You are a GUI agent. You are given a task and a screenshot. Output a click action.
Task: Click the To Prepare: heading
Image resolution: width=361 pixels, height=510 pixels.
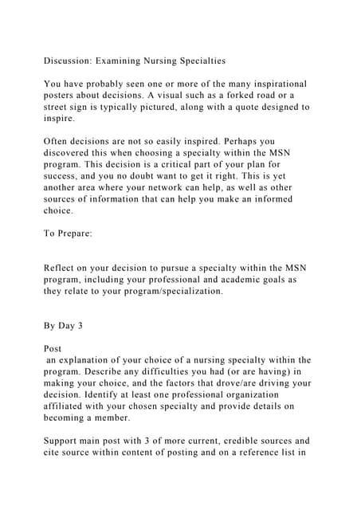pyautogui.click(x=70, y=234)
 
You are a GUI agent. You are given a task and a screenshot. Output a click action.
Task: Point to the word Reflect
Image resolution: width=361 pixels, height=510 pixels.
pyautogui.click(x=64, y=280)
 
